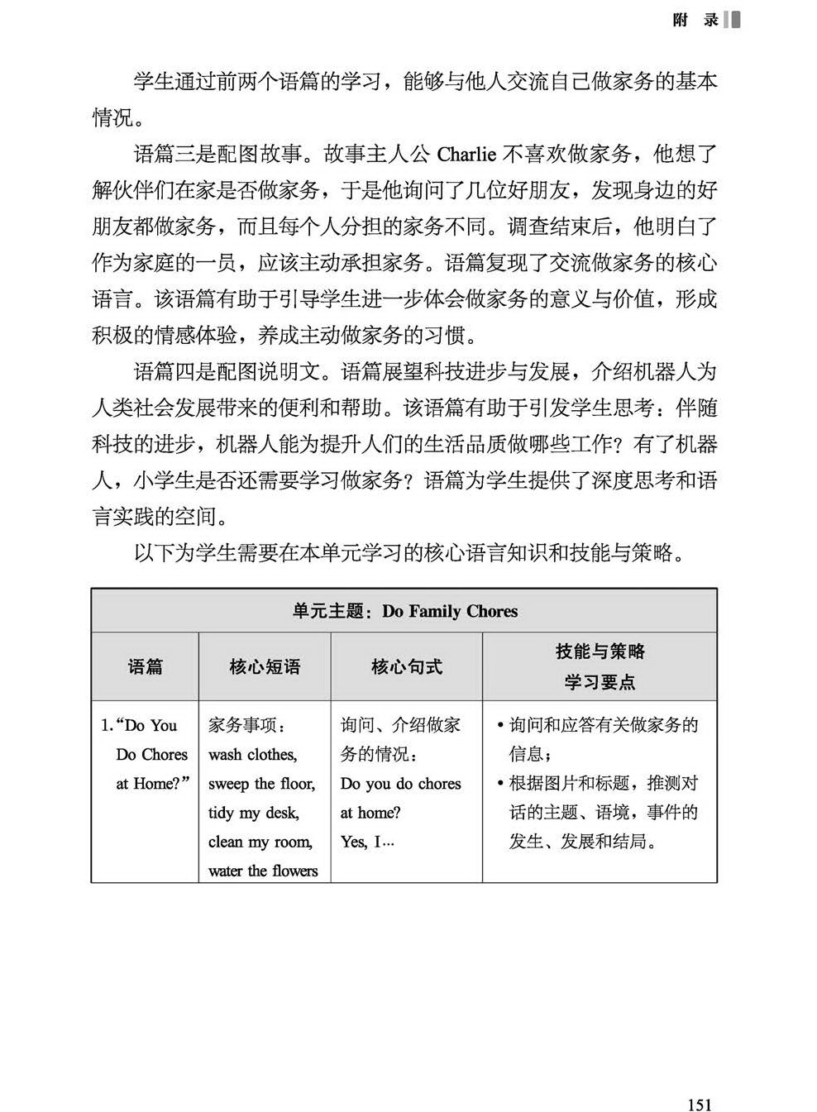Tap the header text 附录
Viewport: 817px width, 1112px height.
pyautogui.click(x=695, y=20)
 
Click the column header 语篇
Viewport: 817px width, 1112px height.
pyautogui.click(x=145, y=667)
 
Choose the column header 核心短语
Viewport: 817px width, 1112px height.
pyautogui.click(x=265, y=667)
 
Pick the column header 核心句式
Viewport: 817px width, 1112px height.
pyautogui.click(x=406, y=667)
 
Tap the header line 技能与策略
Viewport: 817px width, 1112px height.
pyautogui.click(x=600, y=652)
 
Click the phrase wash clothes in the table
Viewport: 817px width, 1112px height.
pyautogui.click(x=252, y=754)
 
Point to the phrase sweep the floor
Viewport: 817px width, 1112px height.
pyautogui.click(x=261, y=784)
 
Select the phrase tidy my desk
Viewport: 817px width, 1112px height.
pyautogui.click(x=254, y=813)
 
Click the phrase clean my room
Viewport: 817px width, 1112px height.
pyautogui.click(x=260, y=842)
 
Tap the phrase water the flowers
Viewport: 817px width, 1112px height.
pyautogui.click(x=263, y=871)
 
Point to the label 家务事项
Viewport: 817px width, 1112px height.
pyautogui.click(x=247, y=726)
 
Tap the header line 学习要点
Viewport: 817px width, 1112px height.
pyautogui.click(x=600, y=682)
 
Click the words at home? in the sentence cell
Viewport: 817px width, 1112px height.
pyautogui.click(x=370, y=813)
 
